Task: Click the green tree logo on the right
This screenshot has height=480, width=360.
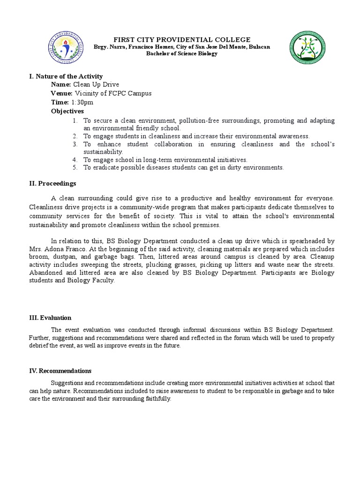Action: tap(308, 49)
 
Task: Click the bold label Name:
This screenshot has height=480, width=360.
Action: tap(61, 85)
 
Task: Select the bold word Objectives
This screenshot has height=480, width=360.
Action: tap(67, 111)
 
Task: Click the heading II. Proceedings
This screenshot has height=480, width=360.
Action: tap(52, 183)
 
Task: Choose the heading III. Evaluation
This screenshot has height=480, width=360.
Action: tap(50, 317)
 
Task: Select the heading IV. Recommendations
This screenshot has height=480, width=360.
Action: tap(60, 371)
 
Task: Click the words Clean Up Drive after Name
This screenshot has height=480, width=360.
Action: tap(93, 85)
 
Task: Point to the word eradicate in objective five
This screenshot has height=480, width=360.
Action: tap(106, 167)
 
